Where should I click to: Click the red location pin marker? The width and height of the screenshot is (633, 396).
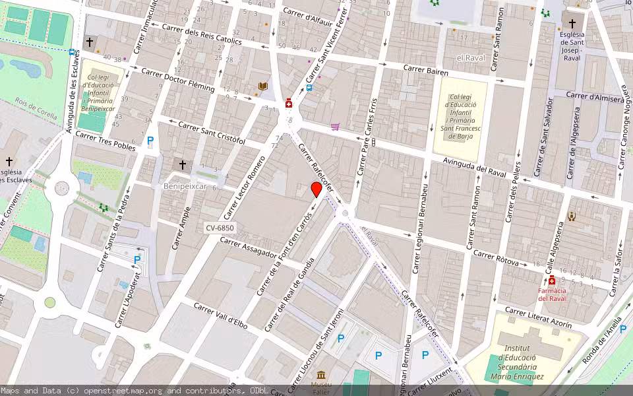tap(316, 189)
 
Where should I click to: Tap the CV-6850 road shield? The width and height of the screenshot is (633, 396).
tap(220, 228)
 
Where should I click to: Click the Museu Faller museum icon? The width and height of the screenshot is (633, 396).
tap(322, 375)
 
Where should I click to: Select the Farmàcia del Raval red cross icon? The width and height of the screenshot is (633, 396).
tap(552, 280)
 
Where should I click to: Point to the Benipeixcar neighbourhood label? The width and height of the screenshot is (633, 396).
tap(185, 187)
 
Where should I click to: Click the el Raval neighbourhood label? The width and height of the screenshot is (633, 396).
tap(470, 58)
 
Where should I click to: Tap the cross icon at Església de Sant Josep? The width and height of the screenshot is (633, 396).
tap(572, 24)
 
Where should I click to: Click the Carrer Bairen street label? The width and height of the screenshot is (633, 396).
tap(425, 70)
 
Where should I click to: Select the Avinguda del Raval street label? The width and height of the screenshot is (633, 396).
tap(474, 164)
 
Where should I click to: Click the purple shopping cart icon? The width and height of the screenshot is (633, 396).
tap(336, 127)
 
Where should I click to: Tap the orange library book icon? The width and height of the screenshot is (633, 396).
tap(263, 86)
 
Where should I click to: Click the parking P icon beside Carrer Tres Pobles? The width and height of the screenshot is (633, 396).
tap(150, 140)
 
